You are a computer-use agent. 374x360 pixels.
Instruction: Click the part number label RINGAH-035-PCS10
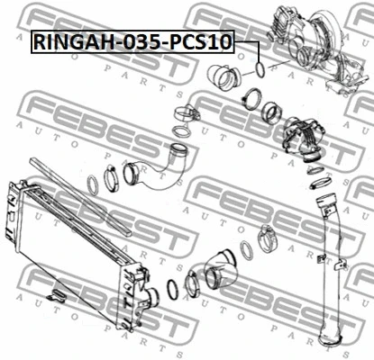(132, 40)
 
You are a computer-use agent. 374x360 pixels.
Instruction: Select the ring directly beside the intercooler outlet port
(170, 292)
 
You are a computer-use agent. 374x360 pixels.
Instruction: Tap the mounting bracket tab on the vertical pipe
(320, 260)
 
